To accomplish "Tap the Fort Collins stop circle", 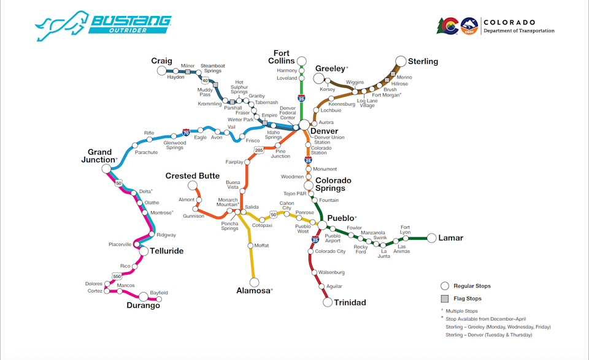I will pos(301,61).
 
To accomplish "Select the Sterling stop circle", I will pos(401,61).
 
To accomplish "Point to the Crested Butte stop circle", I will pos(192,185).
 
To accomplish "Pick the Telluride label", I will pos(166,251).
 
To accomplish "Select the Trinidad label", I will pos(350,302).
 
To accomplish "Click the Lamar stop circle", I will pos(432,238).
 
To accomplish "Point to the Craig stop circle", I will pos(162,71).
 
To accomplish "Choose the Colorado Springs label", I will pos(333,184).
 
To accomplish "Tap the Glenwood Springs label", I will pos(175,145).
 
